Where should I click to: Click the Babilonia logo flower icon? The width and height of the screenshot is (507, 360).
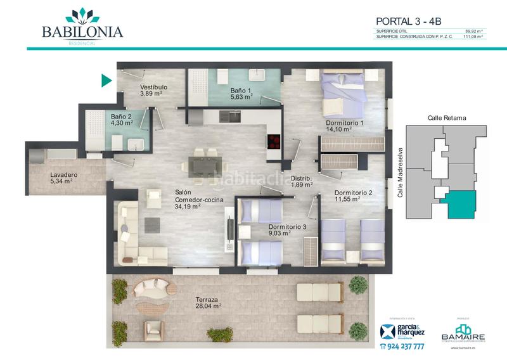82,15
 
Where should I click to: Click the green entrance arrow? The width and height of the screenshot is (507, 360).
106,80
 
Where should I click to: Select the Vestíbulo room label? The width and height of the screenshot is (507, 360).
153,91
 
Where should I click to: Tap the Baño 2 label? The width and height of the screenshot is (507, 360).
122,120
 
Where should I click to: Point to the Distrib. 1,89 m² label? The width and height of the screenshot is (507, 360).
302,182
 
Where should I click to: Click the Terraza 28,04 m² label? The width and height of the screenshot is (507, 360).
207,302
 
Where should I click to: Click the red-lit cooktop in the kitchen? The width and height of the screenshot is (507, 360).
273,141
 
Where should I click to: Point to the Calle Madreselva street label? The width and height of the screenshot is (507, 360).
400,172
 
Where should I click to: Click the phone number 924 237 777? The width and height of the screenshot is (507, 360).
402,347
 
